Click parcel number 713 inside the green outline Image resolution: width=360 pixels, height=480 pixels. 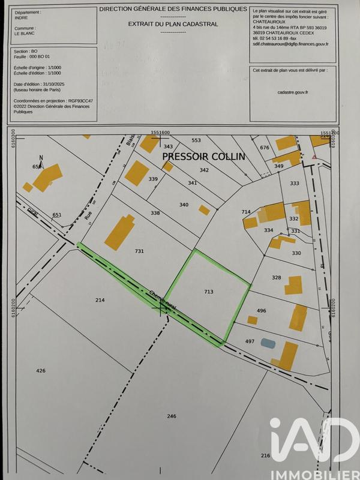pyautogui.click(x=209, y=292)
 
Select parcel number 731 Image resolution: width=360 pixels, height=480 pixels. pyautogui.click(x=139, y=251)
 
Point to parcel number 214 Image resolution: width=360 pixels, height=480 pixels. pyautogui.click(x=100, y=299)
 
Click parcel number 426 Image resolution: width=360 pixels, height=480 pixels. pyautogui.click(x=41, y=371)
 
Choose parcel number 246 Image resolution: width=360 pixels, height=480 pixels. pyautogui.click(x=172, y=416)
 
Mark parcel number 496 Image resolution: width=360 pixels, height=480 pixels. pyautogui.click(x=261, y=310)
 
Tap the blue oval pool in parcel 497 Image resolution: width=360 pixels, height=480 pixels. pyautogui.click(x=268, y=343)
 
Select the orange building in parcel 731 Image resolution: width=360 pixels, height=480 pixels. pyautogui.click(x=120, y=232)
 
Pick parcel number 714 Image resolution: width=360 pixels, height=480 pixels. pyautogui.click(x=245, y=212)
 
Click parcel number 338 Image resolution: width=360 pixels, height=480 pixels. pyautogui.click(x=155, y=213)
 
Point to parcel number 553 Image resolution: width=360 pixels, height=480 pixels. pyautogui.click(x=196, y=140)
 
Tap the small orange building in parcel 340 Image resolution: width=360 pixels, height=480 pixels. pyautogui.click(x=205, y=210)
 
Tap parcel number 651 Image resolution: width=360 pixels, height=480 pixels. pyautogui.click(x=57, y=215)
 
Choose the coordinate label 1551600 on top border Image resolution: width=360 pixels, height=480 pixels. pyautogui.click(x=161, y=132)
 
